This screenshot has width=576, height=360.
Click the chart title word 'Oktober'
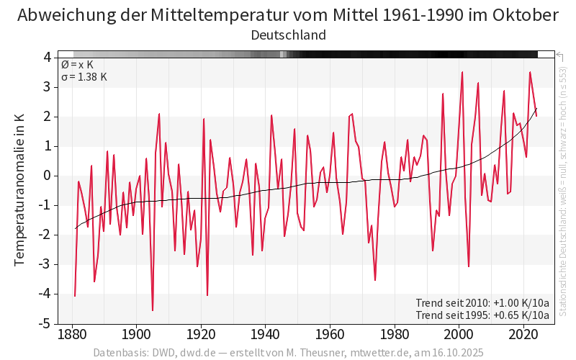click(523, 15)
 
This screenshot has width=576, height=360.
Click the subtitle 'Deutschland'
click(288, 35)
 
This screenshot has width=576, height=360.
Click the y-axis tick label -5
click(45, 323)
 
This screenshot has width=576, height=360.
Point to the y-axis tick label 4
click(47, 58)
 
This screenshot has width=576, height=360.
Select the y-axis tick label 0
click(47, 176)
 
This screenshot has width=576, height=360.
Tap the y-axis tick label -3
click(45, 264)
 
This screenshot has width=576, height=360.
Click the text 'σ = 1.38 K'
click(84, 77)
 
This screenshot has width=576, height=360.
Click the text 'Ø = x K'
click(77, 65)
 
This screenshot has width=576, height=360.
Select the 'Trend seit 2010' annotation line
click(482, 302)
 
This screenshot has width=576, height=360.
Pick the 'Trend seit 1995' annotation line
click(482, 315)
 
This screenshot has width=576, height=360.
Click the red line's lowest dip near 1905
click(153, 310)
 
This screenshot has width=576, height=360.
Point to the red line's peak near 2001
click(462, 72)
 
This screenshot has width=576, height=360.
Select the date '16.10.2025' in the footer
click(453, 353)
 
